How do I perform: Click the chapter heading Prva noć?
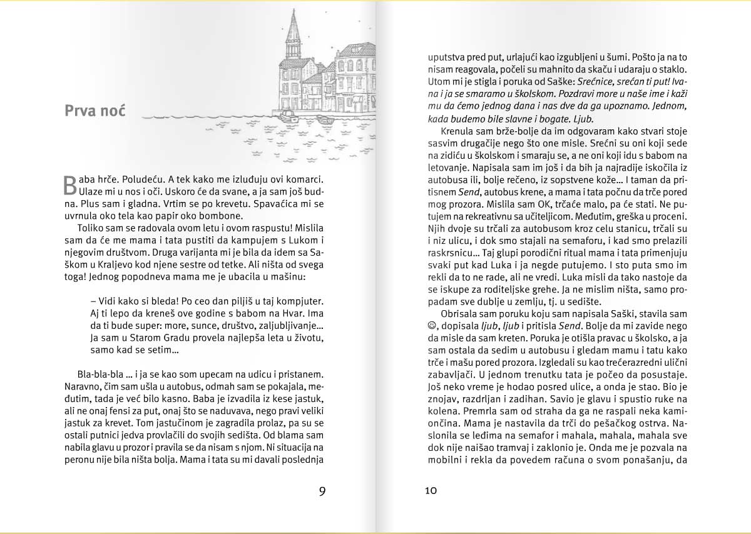click(95, 111)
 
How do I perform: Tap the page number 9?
click(322, 491)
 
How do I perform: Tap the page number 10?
click(431, 491)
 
